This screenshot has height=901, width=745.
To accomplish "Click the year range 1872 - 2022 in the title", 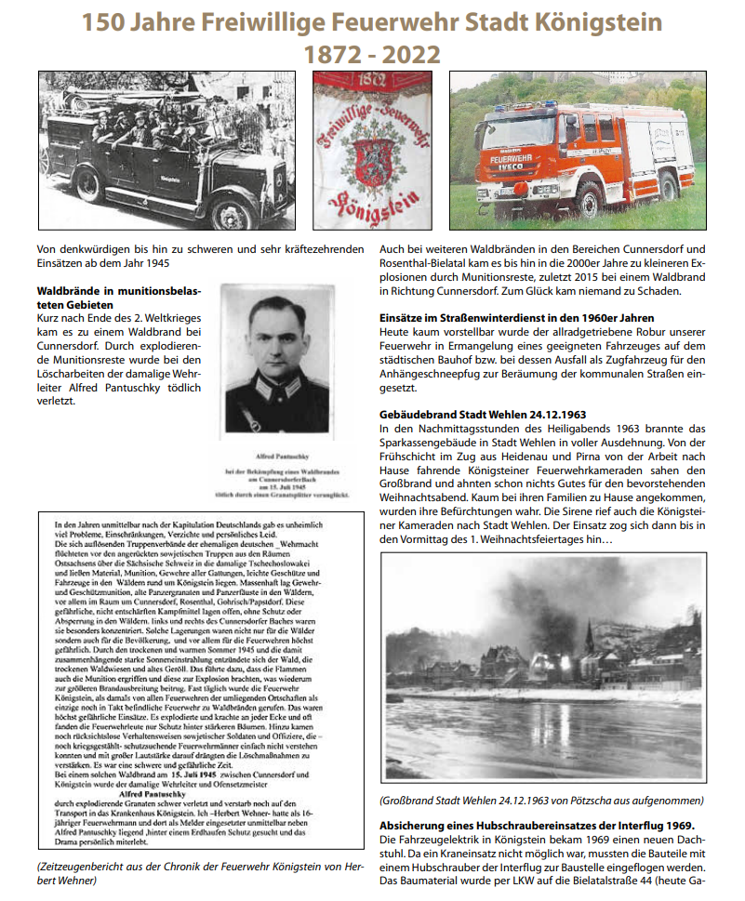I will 372,53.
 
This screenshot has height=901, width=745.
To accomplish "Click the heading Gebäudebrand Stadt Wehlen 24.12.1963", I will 483,414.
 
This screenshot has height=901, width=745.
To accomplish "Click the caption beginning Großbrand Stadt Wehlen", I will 542,801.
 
